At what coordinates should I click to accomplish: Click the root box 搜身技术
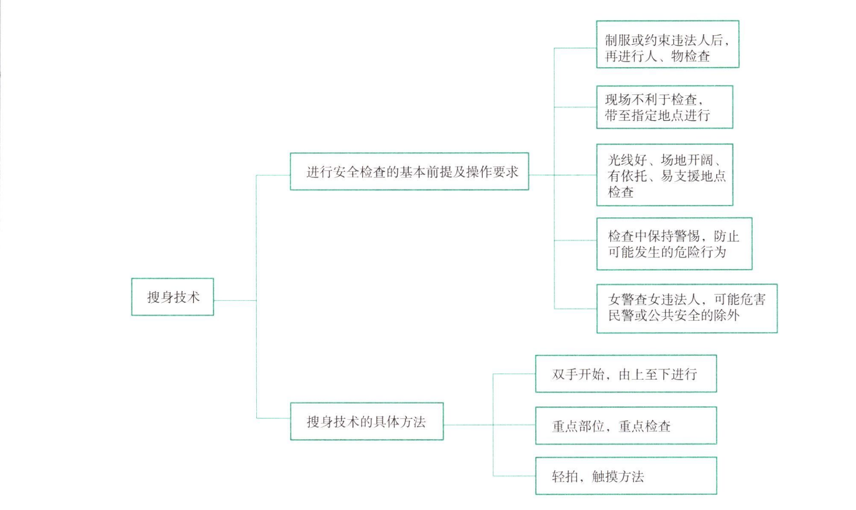pos(173,297)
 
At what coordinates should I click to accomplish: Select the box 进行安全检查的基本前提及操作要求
pos(409,172)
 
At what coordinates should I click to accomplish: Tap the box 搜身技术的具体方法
pos(367,422)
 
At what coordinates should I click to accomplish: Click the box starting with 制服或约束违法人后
pos(667,44)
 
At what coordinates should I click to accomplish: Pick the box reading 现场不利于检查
pos(664,107)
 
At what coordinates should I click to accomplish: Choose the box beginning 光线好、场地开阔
pos(664,175)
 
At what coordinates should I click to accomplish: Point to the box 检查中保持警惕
pos(674,244)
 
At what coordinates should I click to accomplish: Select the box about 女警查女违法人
pos(686,308)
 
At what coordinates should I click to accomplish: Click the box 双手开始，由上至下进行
pos(626,374)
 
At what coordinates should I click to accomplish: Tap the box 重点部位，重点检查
pos(626,426)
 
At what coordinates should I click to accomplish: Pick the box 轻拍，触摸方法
pos(626,476)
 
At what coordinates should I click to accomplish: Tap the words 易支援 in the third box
pos(680,176)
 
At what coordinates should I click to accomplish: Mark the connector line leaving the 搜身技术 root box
pos(235,301)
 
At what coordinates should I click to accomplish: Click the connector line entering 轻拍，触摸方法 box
pos(514,476)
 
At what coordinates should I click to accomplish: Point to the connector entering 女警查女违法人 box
pos(575,309)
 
